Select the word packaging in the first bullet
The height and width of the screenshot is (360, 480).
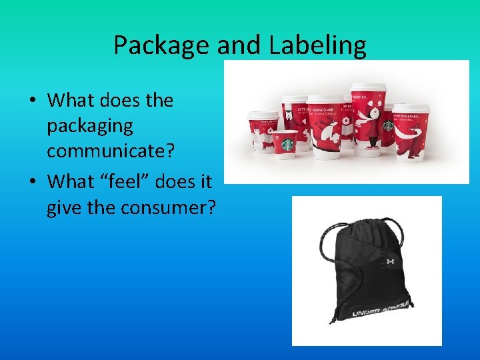point(90,125)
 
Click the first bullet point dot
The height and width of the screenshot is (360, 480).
point(32,101)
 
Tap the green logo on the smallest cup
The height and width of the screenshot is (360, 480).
point(288,143)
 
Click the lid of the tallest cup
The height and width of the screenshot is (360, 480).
point(369,88)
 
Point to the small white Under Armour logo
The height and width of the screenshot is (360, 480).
point(390,261)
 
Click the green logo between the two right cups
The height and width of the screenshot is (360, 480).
point(388,125)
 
